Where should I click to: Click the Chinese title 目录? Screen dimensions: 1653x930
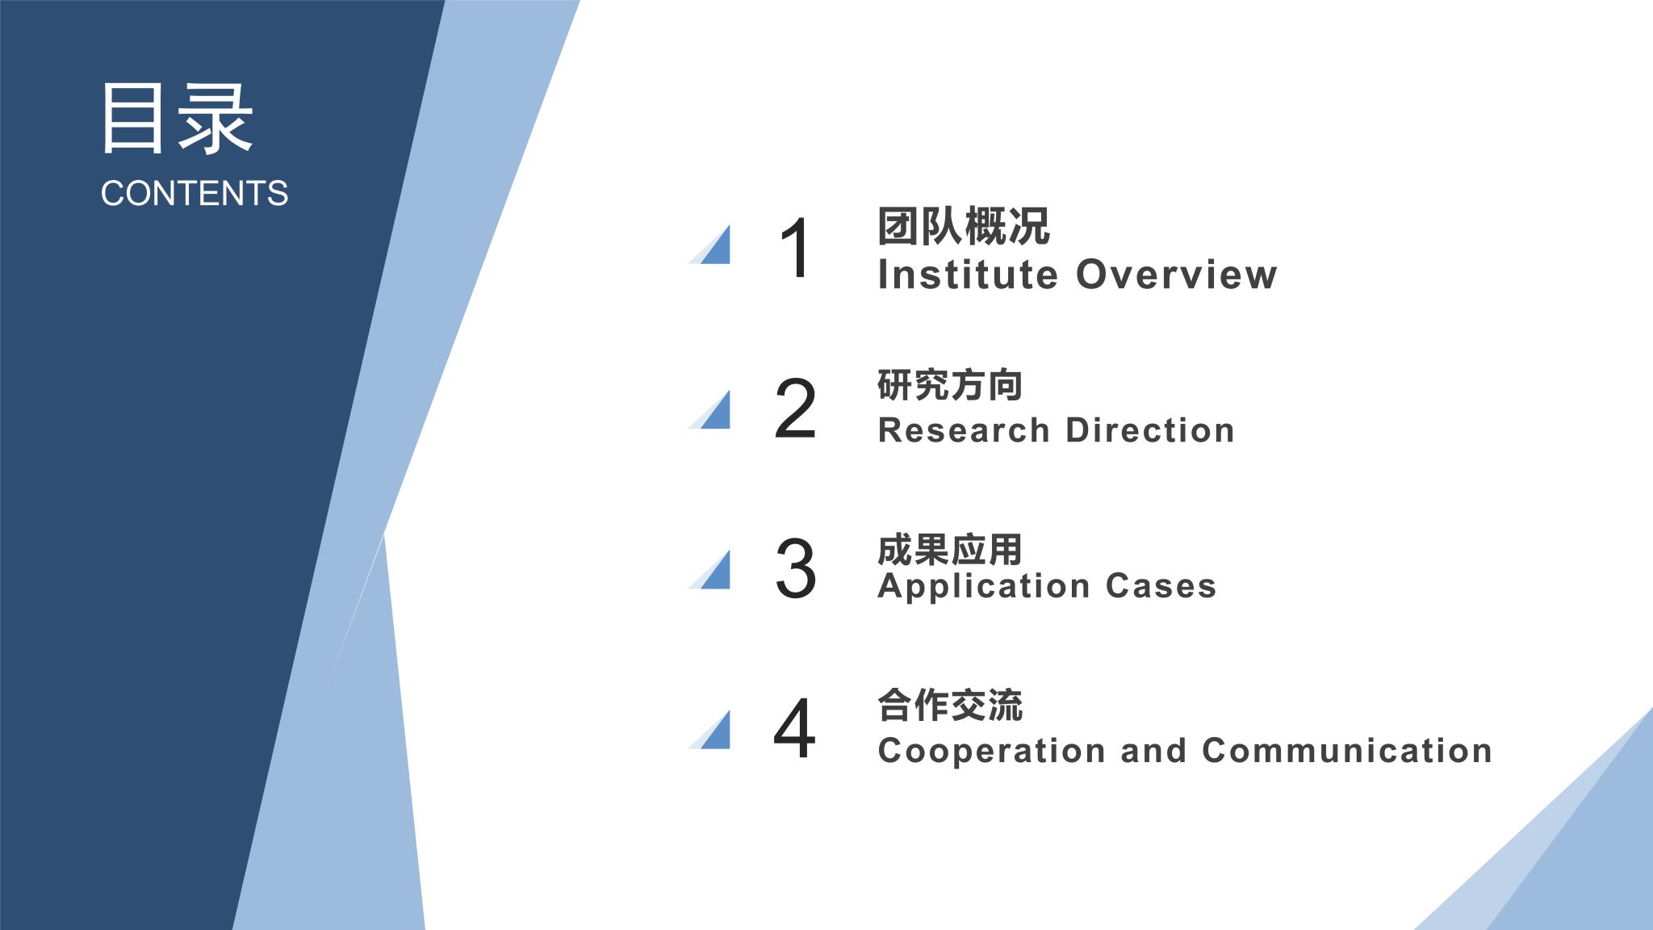click(x=176, y=118)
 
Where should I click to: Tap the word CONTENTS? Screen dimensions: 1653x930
click(x=195, y=194)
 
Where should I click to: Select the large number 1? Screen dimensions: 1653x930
click(x=796, y=248)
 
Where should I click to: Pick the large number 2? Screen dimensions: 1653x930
click(x=795, y=408)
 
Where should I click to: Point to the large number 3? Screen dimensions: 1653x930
click(x=795, y=568)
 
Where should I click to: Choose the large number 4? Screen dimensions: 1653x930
click(x=794, y=728)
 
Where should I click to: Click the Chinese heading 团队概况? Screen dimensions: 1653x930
click(x=964, y=226)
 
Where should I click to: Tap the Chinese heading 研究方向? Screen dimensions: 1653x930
click(x=950, y=385)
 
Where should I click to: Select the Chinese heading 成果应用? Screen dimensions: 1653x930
click(x=950, y=550)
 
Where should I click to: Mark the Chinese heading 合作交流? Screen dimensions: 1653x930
click(x=950, y=705)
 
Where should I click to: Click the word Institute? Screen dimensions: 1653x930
click(x=968, y=274)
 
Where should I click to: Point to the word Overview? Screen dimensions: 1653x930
click(x=1177, y=274)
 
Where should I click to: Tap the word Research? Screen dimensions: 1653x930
click(x=964, y=430)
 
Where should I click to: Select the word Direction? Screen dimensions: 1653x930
click(x=1150, y=430)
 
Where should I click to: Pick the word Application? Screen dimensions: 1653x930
click(x=983, y=587)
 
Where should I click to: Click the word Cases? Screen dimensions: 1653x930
click(x=1161, y=586)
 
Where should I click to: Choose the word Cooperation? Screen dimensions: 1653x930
click(x=992, y=752)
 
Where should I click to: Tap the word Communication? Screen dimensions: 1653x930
click(x=1347, y=751)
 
